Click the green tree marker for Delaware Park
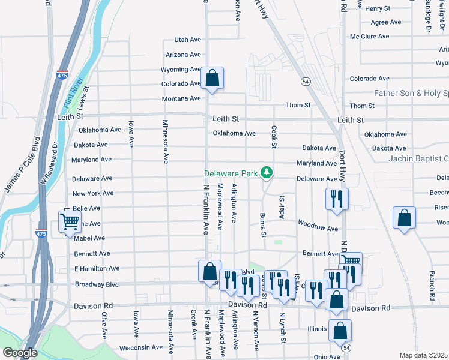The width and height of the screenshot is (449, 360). point(267,173)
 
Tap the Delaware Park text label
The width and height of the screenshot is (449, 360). point(231,173)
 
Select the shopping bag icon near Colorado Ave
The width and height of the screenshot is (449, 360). point(212,78)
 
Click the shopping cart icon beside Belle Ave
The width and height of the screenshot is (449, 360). point(70,221)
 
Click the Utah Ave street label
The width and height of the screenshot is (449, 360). point(187,40)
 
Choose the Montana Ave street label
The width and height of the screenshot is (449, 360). point(181,98)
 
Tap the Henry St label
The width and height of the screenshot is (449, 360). point(378,8)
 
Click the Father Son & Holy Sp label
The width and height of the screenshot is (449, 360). point(411,93)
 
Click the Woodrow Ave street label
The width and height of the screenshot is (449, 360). point(318,228)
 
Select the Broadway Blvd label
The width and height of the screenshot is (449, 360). point(97,284)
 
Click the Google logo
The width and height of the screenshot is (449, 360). point(19,353)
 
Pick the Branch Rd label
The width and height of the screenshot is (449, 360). point(432,285)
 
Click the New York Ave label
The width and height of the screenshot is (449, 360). point(92,193)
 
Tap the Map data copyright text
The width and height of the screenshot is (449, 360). point(424,355)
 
